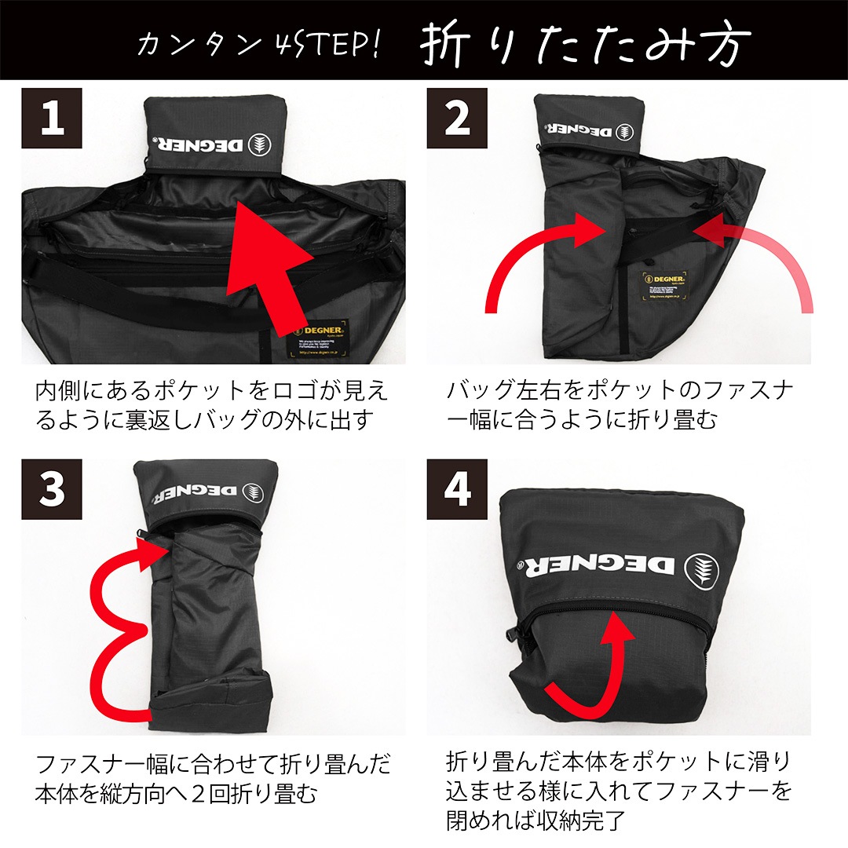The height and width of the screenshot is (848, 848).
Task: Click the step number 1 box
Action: [x=51, y=118]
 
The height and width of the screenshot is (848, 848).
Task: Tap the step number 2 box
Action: [x=457, y=118]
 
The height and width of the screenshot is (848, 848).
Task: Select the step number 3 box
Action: [x=51, y=489]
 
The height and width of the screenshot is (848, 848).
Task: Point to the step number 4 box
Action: [x=457, y=489]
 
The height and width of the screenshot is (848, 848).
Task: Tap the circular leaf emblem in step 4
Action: [x=702, y=570]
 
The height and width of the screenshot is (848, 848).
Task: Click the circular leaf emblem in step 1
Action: [x=260, y=145]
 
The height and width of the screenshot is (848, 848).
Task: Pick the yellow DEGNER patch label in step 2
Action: [x=665, y=286]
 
